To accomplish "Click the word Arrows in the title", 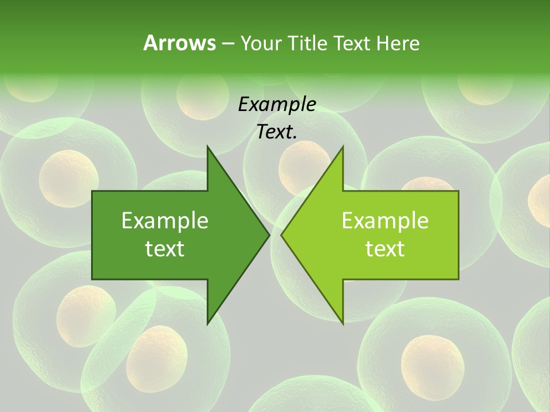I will click(x=179, y=43).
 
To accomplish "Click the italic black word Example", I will click(x=277, y=105).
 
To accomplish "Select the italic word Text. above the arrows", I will click(x=277, y=132).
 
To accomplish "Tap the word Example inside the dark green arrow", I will click(x=165, y=221).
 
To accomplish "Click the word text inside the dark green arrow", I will click(x=165, y=249).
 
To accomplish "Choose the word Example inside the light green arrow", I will click(x=385, y=221).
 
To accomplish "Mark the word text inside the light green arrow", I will click(x=385, y=249).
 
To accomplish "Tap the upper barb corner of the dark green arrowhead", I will click(x=207, y=147).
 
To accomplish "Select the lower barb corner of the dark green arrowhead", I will click(x=207, y=323).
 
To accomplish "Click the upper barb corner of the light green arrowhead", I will click(x=343, y=147).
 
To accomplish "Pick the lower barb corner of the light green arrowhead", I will click(x=343, y=323).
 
